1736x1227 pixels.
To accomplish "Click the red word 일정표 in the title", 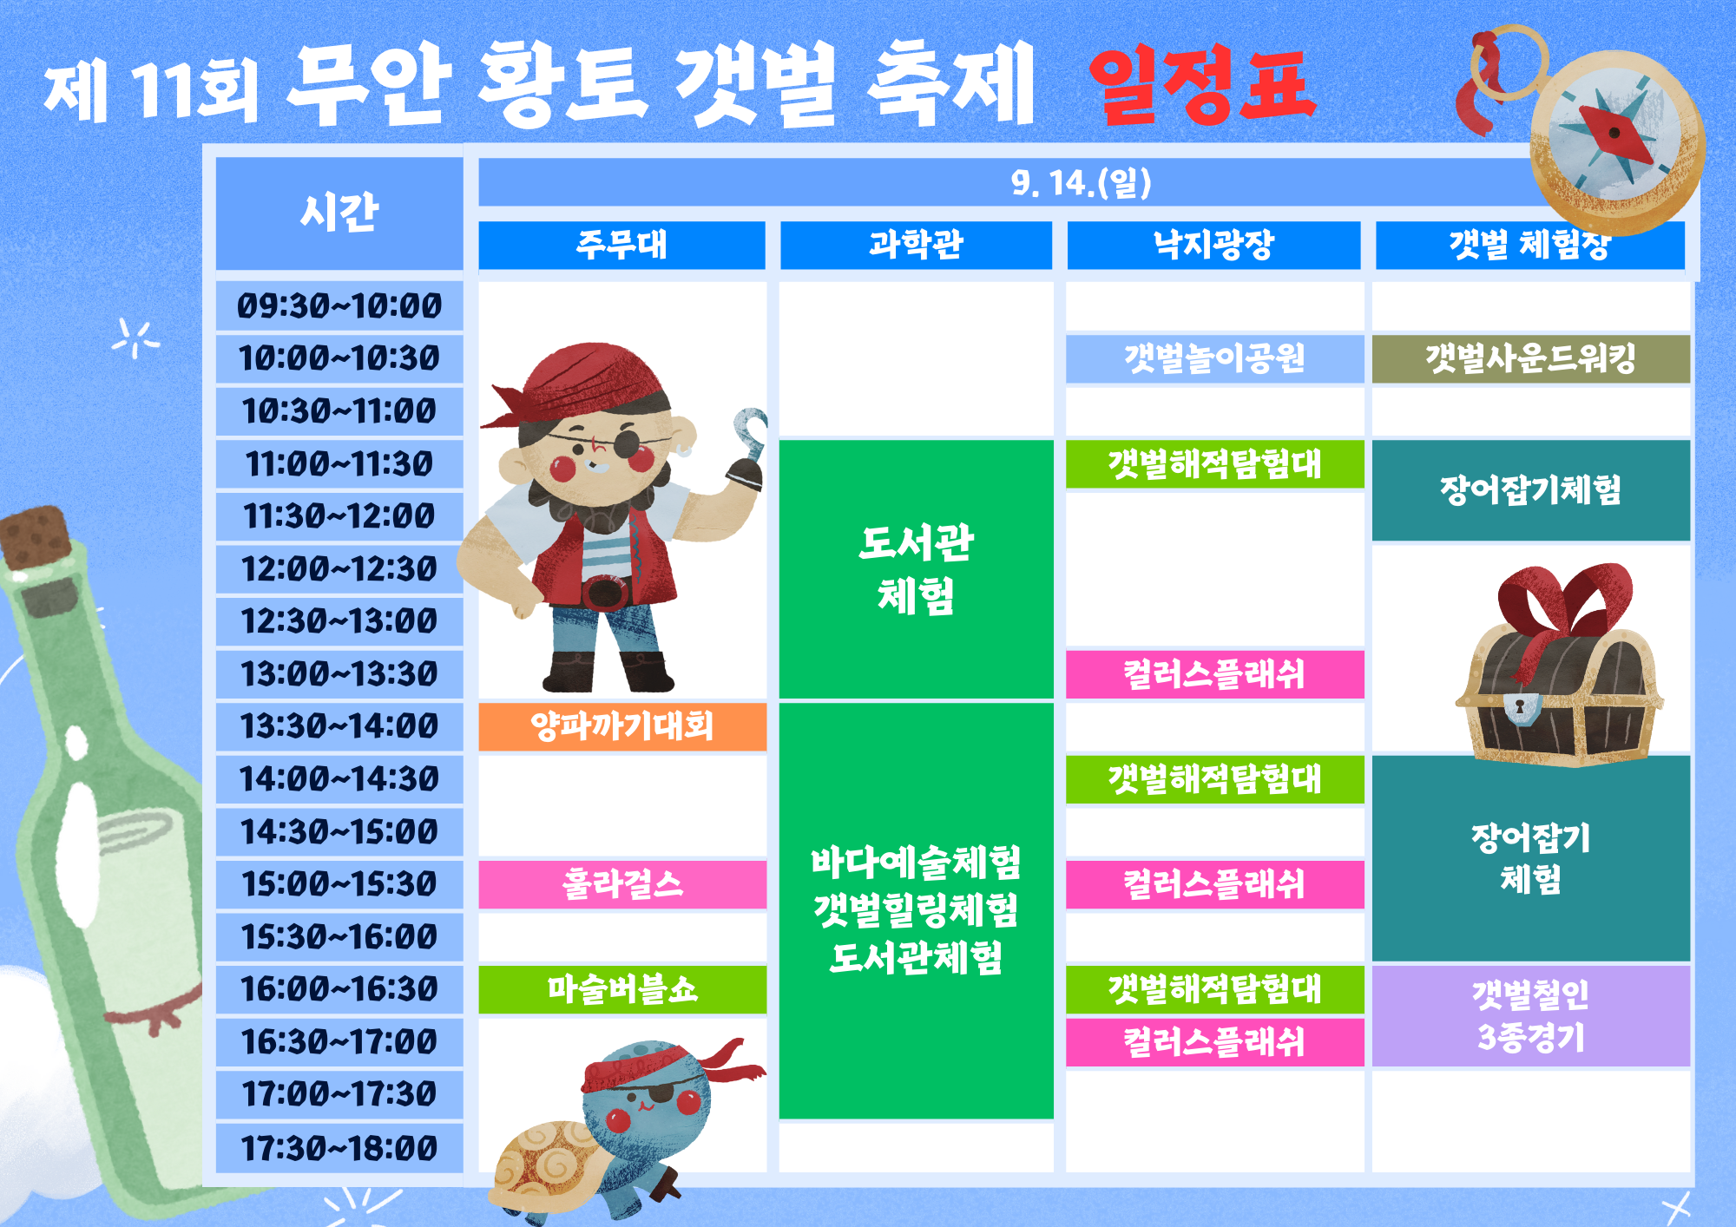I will [1202, 85].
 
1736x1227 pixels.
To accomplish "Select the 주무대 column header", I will [621, 245].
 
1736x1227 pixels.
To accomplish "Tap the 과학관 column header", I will [916, 245].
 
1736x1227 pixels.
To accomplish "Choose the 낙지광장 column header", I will [1213, 245].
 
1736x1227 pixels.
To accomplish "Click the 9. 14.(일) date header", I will [1081, 182].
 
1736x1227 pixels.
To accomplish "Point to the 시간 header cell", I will [339, 213].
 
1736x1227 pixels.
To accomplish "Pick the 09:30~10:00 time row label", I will [339, 305].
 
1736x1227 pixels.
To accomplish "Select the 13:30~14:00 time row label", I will [339, 725].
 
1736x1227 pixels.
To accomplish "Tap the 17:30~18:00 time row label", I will [339, 1148].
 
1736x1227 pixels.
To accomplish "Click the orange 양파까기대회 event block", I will [622, 726].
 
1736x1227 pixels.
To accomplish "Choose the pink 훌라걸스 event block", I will [622, 884].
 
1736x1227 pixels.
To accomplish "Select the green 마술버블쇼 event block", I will [622, 989].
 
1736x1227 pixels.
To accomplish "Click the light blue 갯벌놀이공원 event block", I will [1214, 358].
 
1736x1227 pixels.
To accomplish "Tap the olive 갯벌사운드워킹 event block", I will [1530, 358].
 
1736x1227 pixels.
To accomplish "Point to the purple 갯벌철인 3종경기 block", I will [1530, 1015].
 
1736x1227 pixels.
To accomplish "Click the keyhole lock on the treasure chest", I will [1520, 706].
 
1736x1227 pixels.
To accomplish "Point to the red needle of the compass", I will [1614, 135].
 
